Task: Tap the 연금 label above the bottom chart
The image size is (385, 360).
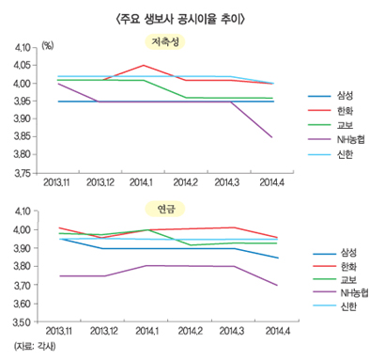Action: click(x=167, y=207)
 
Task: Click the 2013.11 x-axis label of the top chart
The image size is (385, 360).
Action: click(x=58, y=185)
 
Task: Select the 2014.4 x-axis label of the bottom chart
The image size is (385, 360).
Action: click(x=273, y=332)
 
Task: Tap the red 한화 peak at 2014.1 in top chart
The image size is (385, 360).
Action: click(x=144, y=66)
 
